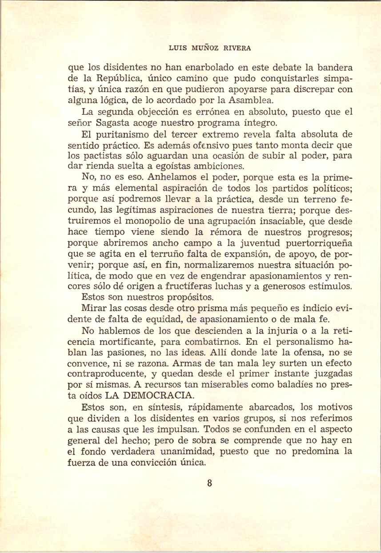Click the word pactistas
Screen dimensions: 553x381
click(x=104, y=156)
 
